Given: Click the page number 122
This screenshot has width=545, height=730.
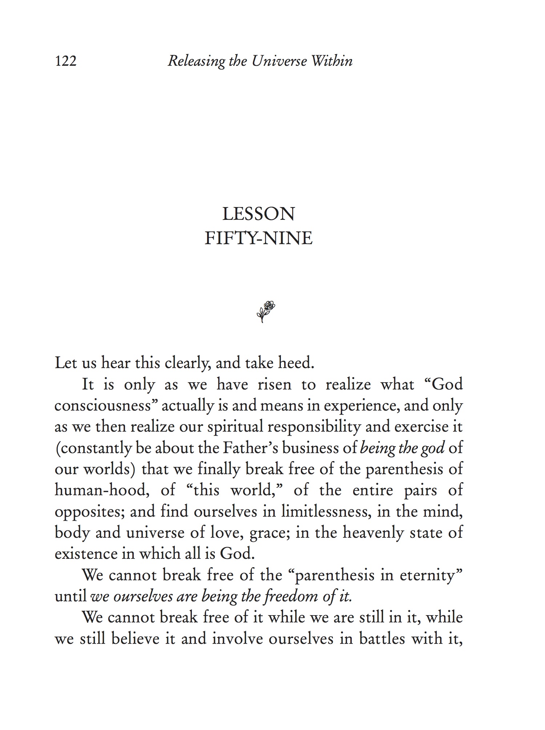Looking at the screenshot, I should [x=66, y=61].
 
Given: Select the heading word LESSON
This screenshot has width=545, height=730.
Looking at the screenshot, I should [x=258, y=214].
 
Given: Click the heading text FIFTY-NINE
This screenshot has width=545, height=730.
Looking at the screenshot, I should [x=258, y=239].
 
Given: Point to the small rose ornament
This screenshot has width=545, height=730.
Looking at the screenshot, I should [x=266, y=311].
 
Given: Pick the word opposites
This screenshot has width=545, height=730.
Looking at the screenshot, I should [x=88, y=512].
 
